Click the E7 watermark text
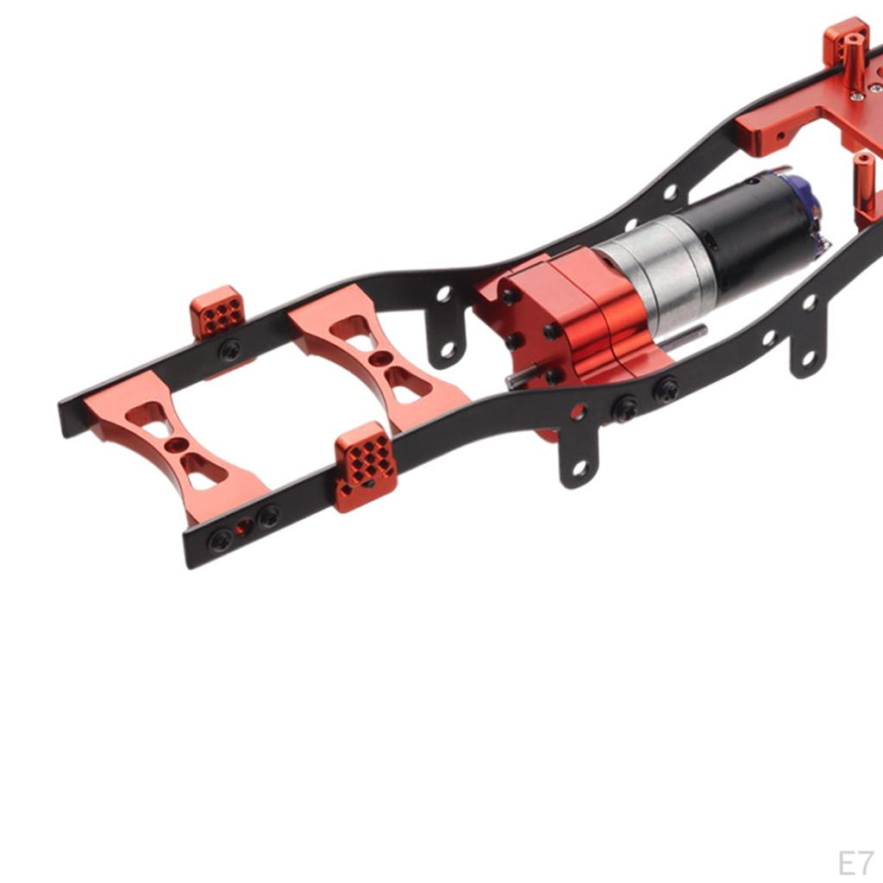(855, 862)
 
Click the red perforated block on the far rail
(217, 311)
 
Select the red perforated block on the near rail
(366, 467)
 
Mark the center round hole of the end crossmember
(177, 445)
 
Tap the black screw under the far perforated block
(229, 350)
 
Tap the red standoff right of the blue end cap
(865, 185)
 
